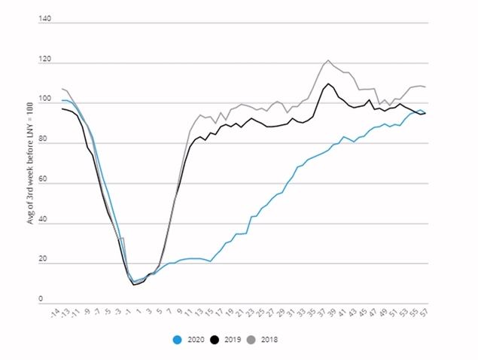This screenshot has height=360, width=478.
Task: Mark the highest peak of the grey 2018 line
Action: (x=328, y=60)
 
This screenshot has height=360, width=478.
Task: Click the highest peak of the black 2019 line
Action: (x=328, y=84)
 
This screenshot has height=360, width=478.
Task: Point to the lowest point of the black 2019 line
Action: (x=133, y=285)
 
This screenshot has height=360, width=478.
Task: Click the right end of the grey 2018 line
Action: (x=425, y=87)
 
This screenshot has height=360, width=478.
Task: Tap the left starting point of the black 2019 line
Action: (x=62, y=109)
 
